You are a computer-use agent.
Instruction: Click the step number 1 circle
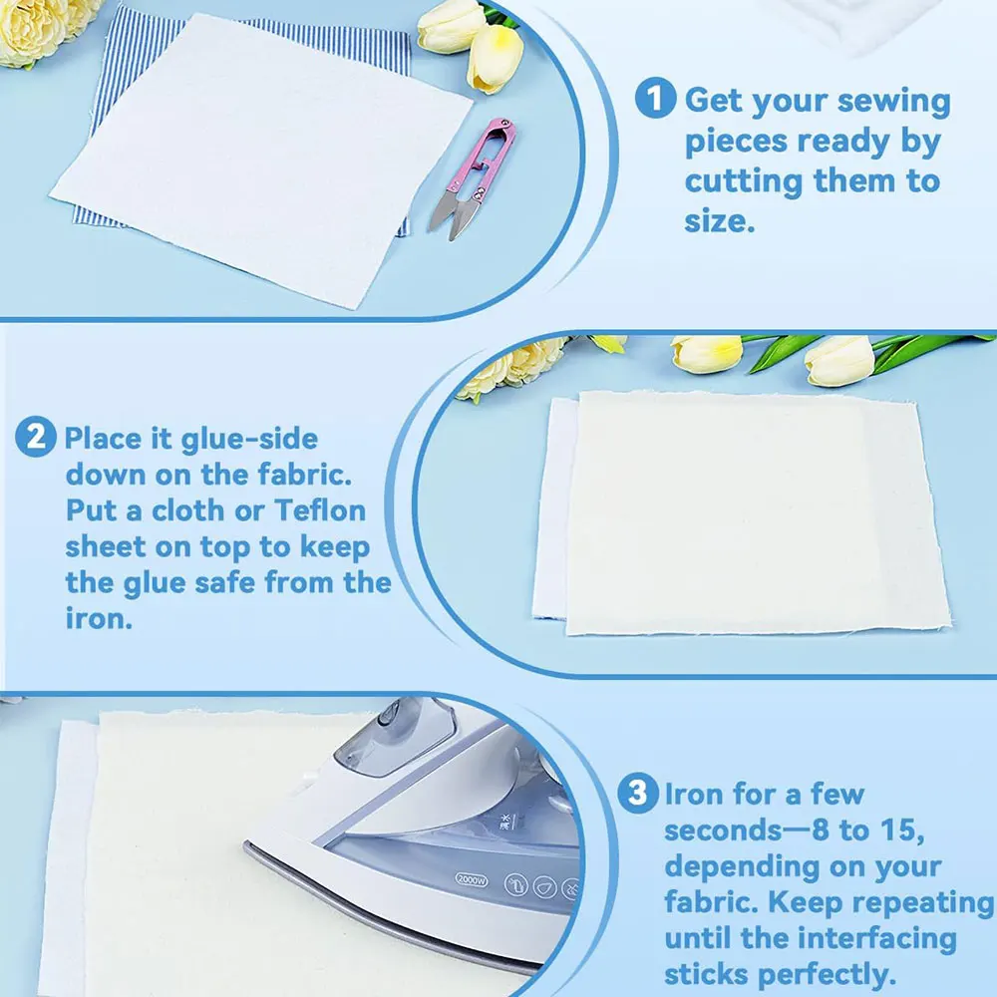[x=655, y=98]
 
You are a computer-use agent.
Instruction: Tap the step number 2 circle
[x=36, y=437]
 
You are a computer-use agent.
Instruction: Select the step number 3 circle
[x=638, y=793]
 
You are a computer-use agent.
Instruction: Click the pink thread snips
[x=473, y=178]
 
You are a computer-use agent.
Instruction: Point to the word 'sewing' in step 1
[x=893, y=103]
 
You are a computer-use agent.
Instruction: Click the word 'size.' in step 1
[x=719, y=221]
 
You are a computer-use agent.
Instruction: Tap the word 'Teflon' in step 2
[x=320, y=510]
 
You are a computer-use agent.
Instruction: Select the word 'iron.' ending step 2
[x=99, y=617]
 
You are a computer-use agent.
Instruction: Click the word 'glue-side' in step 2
[x=249, y=440]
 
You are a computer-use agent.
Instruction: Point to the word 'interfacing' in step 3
[x=876, y=939]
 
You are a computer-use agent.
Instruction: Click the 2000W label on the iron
[x=472, y=880]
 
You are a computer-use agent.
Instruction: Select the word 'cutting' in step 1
[x=744, y=182]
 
